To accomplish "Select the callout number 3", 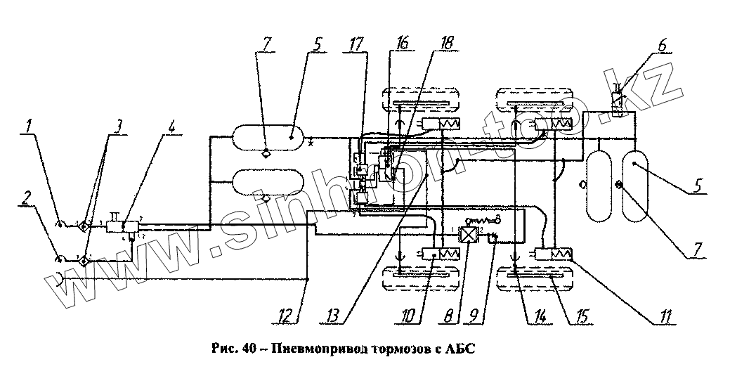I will (x=119, y=127).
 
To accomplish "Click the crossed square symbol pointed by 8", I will (x=468, y=235).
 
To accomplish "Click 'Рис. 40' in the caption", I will (x=229, y=349).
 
